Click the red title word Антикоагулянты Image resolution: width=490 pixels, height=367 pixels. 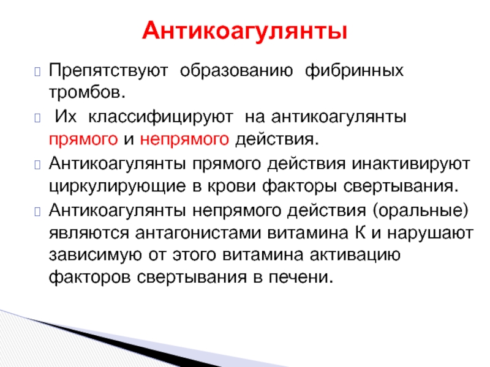[244, 31]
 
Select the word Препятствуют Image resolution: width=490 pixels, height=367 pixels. [108, 71]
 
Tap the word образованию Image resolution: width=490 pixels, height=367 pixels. [236, 71]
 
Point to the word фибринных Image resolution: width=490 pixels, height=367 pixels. [354, 71]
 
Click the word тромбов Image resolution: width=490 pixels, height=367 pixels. [87, 92]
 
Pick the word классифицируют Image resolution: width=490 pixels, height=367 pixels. [160, 117]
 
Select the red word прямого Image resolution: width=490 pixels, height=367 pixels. [83, 139]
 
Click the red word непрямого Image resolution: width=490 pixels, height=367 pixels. [184, 139]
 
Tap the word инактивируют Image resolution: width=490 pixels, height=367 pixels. [411, 164]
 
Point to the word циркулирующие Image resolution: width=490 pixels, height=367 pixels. [117, 187]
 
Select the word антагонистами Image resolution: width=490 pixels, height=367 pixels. [198, 233]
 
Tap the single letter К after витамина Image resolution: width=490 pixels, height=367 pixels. [360, 232]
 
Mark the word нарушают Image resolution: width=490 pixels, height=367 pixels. [430, 233]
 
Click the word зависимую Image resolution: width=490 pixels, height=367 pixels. [96, 255]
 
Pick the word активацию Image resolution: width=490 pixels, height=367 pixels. [355, 255]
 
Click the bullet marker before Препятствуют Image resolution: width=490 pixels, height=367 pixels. [37, 72]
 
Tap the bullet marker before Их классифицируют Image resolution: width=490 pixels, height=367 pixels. [37, 118]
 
